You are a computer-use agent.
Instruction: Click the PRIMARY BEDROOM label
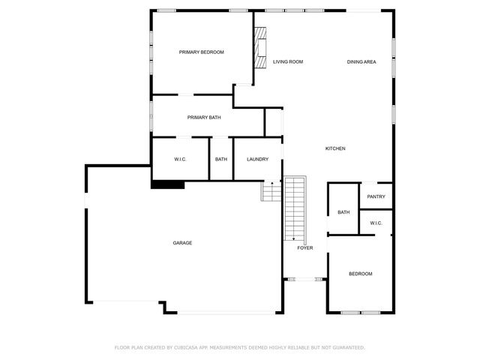pos(201,52)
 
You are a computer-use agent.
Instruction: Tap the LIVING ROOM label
pos(287,61)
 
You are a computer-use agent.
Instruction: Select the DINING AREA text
pos(361,61)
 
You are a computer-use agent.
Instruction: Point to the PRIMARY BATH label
pos(204,118)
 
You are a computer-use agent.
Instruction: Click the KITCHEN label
pos(335,148)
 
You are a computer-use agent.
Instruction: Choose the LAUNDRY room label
pos(257,159)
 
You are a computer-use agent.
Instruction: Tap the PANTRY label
pos(376,197)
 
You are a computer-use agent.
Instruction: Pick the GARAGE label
pos(182,243)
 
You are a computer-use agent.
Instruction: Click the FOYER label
pos(304,247)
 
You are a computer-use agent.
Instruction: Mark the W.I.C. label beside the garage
pos(180,159)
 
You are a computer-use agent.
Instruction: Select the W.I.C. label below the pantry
pos(376,223)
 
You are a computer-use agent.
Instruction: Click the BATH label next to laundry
pos(221,159)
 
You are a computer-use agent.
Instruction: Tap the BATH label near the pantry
pos(343,212)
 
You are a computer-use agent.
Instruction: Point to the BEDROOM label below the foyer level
pos(360,274)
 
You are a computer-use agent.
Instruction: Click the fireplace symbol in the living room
pos(260,48)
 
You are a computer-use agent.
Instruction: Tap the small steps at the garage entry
pos(270,192)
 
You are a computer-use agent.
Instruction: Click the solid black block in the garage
pos(167,184)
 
